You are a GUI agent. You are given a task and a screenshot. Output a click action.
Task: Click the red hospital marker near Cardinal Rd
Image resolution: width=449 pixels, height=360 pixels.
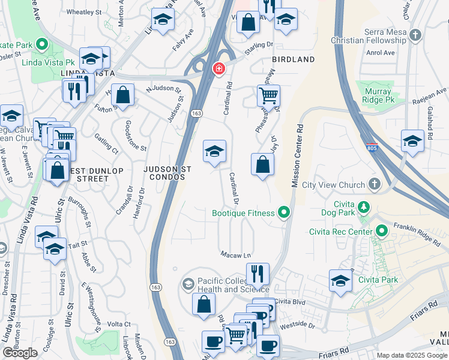[218, 68]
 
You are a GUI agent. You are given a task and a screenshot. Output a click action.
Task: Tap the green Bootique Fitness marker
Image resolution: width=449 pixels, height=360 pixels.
[284, 212]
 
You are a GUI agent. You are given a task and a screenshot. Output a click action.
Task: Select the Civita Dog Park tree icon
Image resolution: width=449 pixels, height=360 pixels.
[363, 208]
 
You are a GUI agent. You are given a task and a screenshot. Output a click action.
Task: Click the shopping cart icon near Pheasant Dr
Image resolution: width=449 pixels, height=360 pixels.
[268, 95]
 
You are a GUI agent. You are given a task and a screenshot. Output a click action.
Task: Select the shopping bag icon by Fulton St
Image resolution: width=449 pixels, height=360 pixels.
[122, 95]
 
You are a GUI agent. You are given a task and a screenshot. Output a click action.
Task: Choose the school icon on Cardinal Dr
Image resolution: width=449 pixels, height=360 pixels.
[214, 152]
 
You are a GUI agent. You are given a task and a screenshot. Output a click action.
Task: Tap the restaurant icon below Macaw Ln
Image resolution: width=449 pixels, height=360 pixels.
[258, 274]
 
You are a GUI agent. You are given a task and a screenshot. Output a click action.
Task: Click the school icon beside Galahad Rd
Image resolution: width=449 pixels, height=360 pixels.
[412, 141]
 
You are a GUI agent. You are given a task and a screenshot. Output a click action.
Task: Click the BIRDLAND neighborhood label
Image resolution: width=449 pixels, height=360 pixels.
[293, 59]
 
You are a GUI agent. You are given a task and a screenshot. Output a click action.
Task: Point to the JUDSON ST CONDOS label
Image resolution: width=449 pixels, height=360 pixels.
[167, 174]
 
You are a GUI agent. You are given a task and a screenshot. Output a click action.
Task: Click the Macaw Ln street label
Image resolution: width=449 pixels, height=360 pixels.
[235, 254]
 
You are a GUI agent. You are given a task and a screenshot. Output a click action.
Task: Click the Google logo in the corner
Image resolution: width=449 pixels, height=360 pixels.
[20, 353]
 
